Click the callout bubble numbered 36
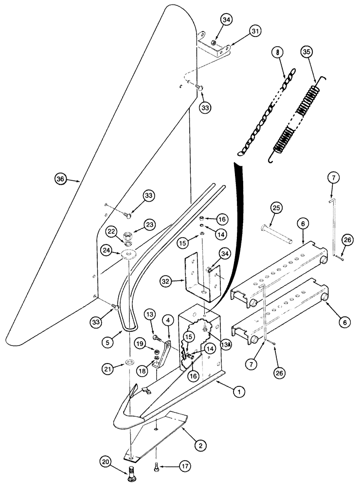click(x=60, y=179)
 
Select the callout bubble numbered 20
click(x=107, y=462)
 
